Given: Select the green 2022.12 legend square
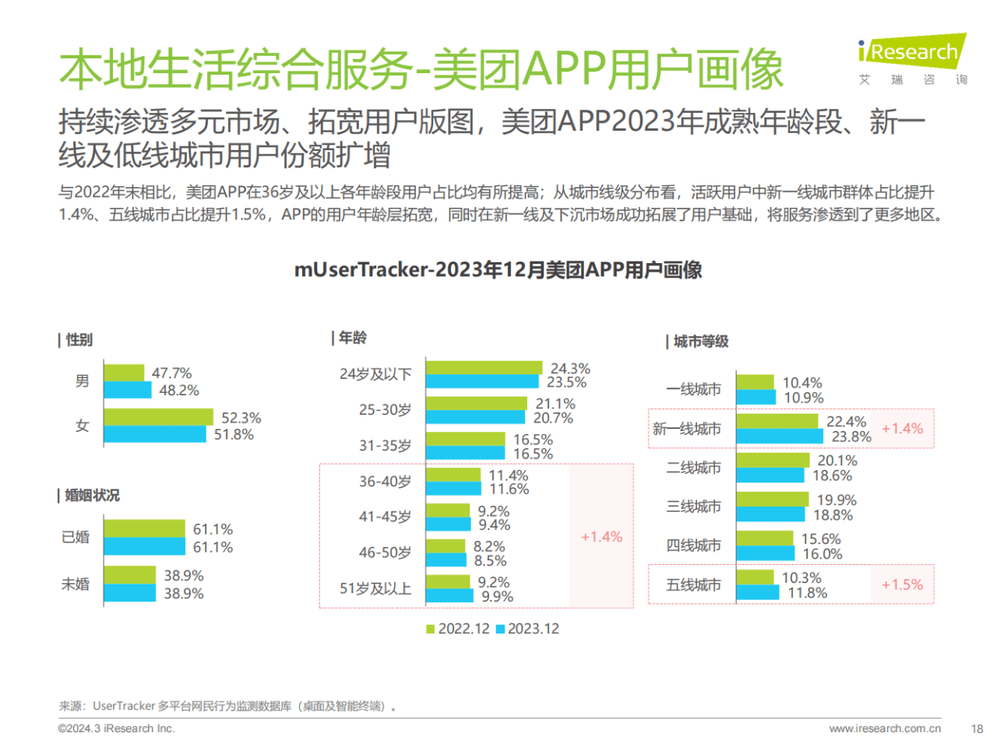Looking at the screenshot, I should [x=430, y=629].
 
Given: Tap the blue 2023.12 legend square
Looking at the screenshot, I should [x=500, y=629].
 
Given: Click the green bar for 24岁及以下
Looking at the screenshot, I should [x=483, y=368].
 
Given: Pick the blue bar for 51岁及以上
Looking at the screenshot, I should [x=449, y=596].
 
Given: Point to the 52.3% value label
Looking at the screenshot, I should [x=241, y=418].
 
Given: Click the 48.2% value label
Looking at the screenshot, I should [x=179, y=390].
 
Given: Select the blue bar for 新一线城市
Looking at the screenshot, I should [x=779, y=437].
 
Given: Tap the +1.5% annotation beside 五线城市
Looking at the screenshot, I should [x=902, y=584].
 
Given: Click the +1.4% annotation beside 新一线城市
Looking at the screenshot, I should [x=902, y=429].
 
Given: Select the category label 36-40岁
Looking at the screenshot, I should [x=385, y=482].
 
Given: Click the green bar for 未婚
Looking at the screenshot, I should [x=129, y=575].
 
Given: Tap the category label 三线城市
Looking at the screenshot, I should [x=693, y=507].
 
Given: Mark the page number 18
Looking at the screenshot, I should [x=977, y=729].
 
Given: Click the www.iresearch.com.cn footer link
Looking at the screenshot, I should [x=885, y=729].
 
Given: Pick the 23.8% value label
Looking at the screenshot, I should [x=851, y=437].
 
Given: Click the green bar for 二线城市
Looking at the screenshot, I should [x=773, y=460].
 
